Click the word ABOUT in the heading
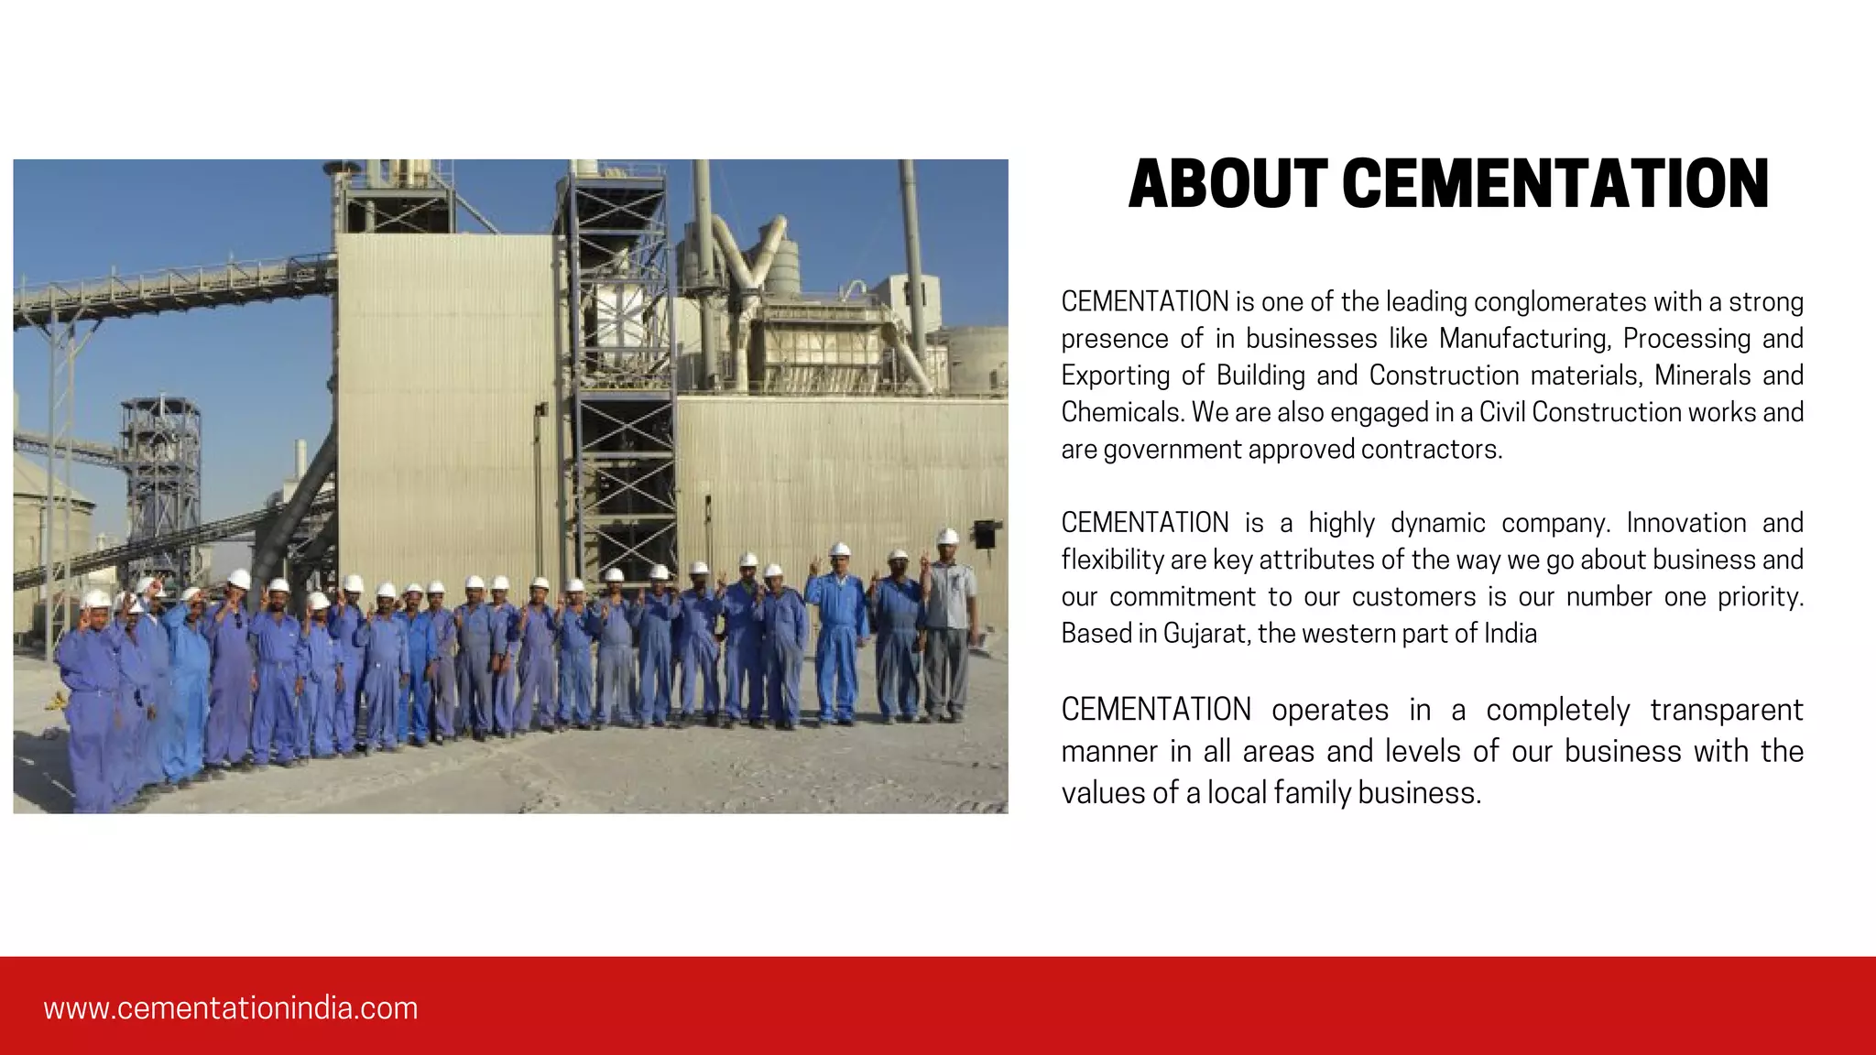[x=1227, y=185]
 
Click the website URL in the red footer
[x=230, y=1008]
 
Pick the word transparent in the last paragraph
[x=1727, y=711]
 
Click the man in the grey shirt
[x=948, y=632]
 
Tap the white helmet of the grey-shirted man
[x=948, y=537]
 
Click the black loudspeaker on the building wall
[x=984, y=533]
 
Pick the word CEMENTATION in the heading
[x=1555, y=185]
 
